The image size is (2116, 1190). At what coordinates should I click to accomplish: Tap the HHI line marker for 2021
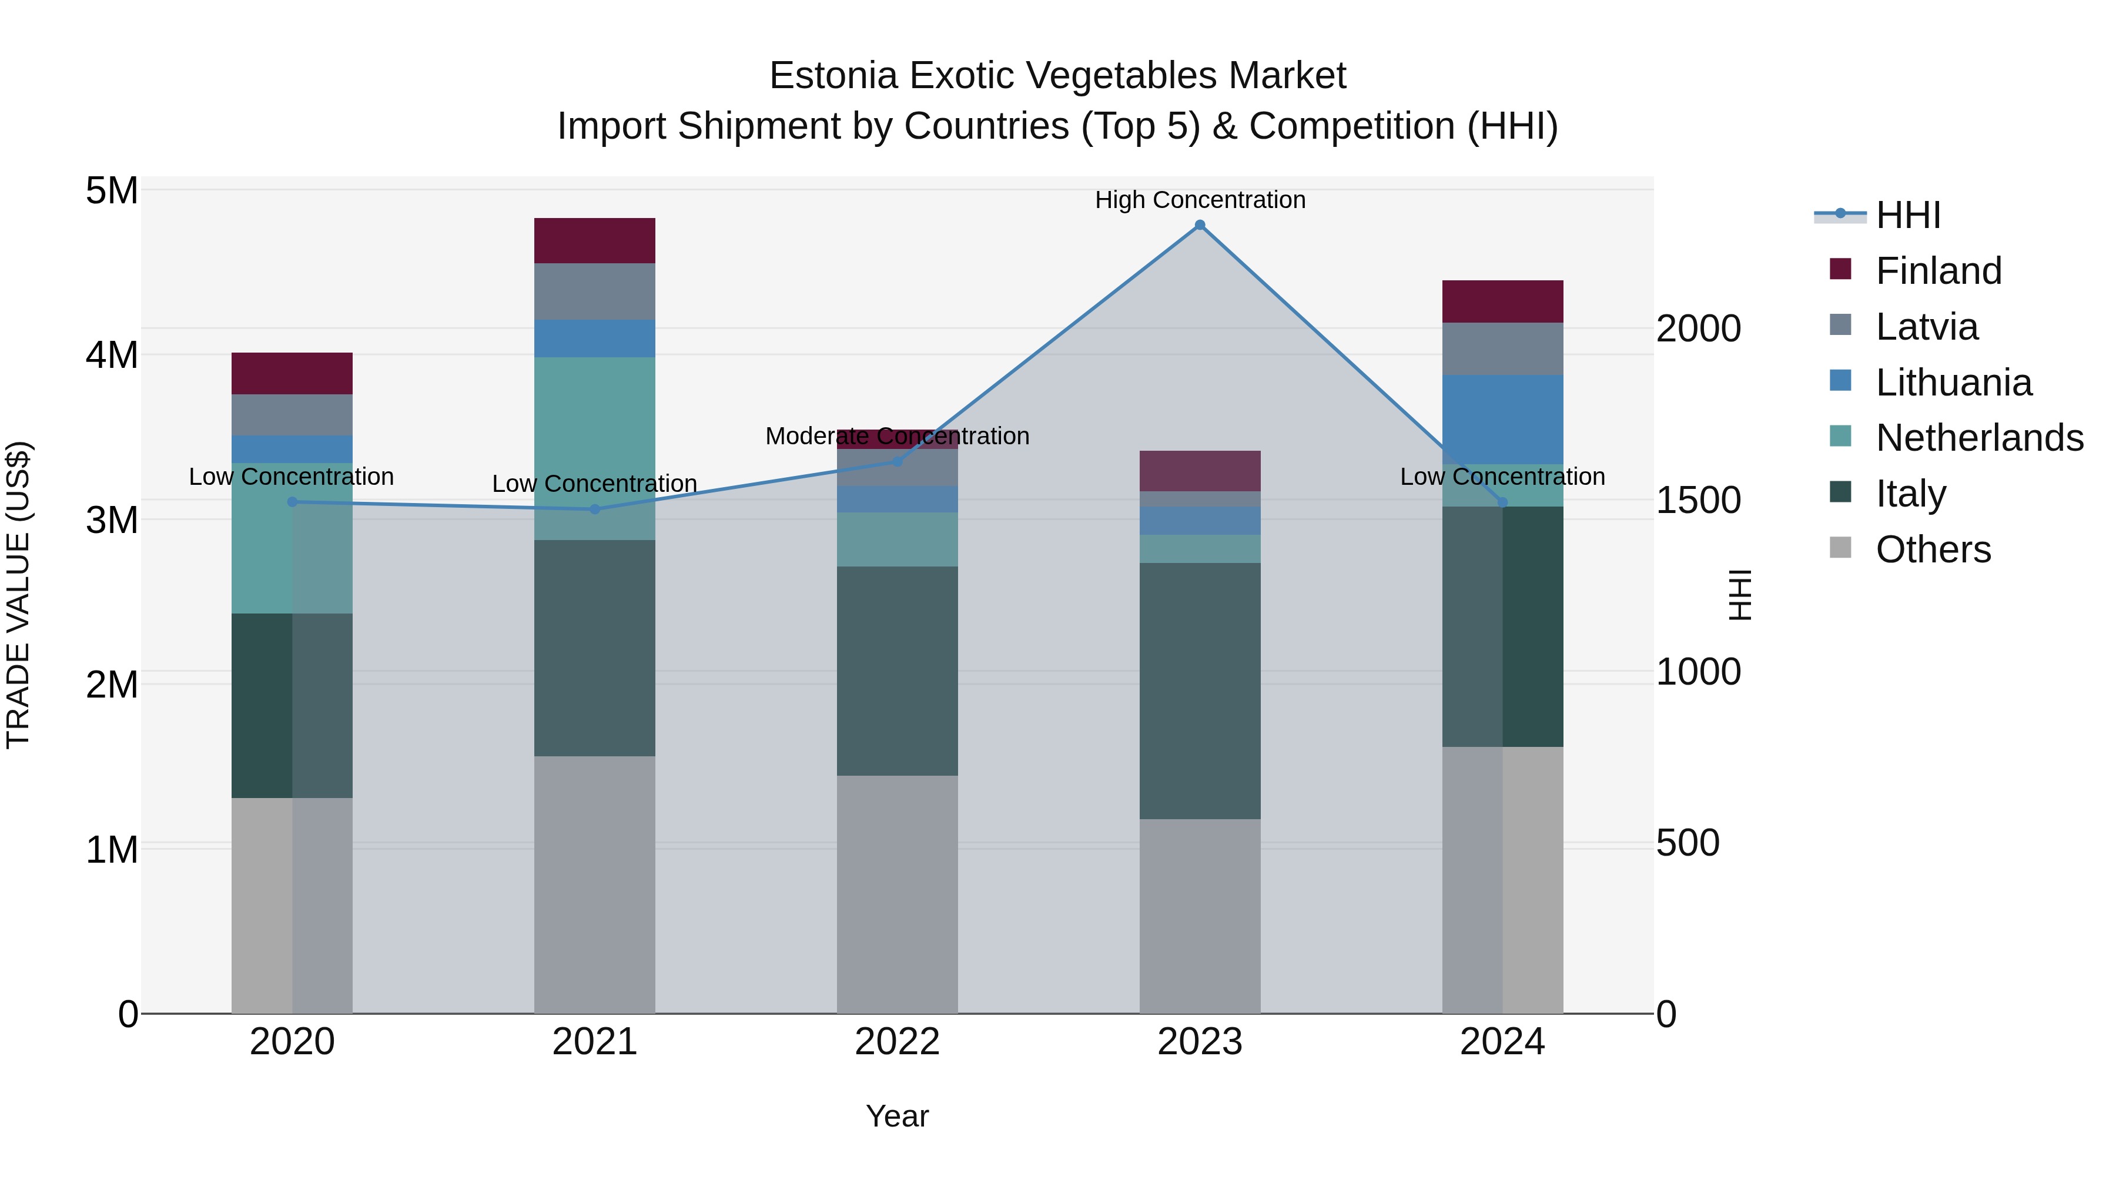click(595, 509)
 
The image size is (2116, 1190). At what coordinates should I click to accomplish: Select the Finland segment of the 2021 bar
click(595, 240)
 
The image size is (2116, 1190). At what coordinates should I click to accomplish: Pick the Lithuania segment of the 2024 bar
click(1502, 420)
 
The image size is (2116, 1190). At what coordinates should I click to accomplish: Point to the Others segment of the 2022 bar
click(897, 894)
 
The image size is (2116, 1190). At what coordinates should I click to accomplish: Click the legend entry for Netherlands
click(1979, 438)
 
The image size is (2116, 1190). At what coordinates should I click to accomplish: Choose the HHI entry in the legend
click(1907, 215)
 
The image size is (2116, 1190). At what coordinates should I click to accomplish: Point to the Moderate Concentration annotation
click(897, 436)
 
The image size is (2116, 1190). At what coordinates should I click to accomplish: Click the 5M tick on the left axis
click(112, 190)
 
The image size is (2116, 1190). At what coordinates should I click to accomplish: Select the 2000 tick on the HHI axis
click(1698, 328)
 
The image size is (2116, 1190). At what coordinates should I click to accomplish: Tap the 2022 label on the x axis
click(897, 1042)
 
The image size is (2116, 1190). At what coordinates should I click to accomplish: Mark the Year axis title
click(897, 1116)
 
